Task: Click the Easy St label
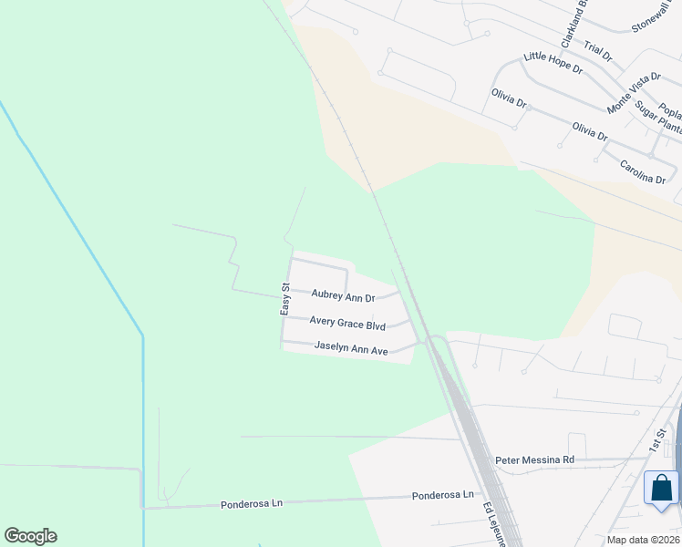[x=284, y=299]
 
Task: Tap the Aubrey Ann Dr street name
[x=343, y=295]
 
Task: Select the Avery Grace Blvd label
[x=346, y=323]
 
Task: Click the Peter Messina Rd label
[x=534, y=460]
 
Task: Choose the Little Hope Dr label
[x=553, y=62]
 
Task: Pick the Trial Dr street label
[x=598, y=51]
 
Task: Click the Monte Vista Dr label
[x=631, y=93]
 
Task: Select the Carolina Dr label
[x=642, y=171]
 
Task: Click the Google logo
[x=30, y=536]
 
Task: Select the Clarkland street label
[x=572, y=25]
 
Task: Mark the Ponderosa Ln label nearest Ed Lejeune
[x=443, y=495]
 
